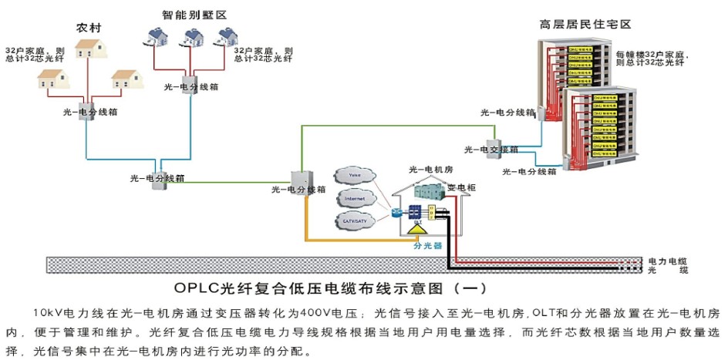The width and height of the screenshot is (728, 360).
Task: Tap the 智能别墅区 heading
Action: tap(189, 15)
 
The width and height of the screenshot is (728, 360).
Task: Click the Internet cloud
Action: tap(355, 199)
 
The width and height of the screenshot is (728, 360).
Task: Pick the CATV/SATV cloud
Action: tap(356, 221)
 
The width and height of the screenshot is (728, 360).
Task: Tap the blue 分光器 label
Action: tap(427, 247)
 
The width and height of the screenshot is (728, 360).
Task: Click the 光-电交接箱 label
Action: tap(491, 150)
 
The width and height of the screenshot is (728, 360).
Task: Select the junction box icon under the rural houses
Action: tap(86, 112)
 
